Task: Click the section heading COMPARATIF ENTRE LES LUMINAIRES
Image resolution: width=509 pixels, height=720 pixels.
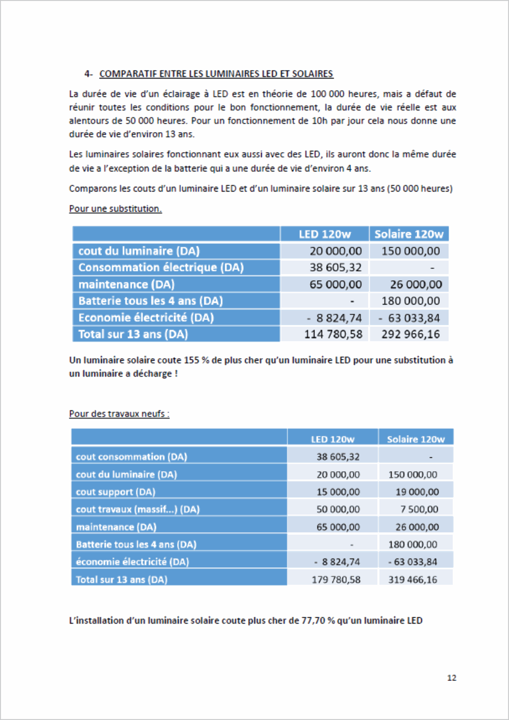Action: [x=216, y=74]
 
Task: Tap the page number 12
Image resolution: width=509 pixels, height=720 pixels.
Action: [x=452, y=678]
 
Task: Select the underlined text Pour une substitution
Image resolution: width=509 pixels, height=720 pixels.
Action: [x=115, y=209]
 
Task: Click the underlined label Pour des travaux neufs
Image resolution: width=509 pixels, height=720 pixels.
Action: [x=119, y=413]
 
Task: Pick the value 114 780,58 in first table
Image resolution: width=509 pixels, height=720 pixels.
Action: [x=333, y=334]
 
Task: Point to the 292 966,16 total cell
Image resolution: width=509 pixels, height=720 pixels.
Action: [x=410, y=334]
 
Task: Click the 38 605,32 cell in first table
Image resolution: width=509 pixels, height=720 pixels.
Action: [x=336, y=267]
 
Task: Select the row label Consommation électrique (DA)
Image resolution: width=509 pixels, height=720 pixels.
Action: [x=161, y=267]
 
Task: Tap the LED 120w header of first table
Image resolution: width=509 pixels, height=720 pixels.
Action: [x=325, y=234]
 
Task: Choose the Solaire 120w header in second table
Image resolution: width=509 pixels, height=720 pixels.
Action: [x=416, y=439]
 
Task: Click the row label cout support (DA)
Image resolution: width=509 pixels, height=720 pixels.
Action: [x=116, y=492]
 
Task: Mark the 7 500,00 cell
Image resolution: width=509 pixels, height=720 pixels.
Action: [x=419, y=509]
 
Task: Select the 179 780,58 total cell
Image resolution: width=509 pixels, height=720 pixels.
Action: [x=336, y=580]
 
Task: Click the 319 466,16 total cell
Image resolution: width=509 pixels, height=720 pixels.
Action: [x=412, y=580]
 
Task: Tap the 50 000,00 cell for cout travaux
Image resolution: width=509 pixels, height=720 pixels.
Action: [x=338, y=509]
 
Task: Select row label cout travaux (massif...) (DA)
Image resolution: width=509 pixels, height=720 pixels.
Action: [x=137, y=509]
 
